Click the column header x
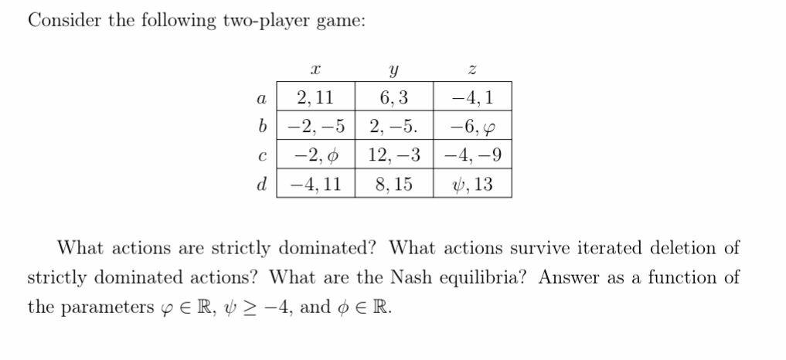(x=315, y=70)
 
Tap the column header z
(x=473, y=70)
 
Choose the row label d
(x=261, y=185)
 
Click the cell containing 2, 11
(x=315, y=98)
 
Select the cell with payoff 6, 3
(x=394, y=98)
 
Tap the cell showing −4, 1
(x=473, y=98)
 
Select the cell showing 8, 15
(x=394, y=185)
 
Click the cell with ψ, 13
(x=473, y=185)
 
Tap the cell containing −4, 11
(x=315, y=185)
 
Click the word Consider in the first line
(x=63, y=21)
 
